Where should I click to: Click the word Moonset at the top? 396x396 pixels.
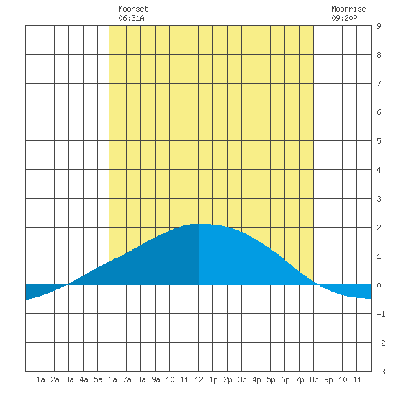click(133, 9)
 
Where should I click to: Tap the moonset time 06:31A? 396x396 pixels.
click(131, 18)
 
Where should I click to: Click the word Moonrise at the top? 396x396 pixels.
click(348, 9)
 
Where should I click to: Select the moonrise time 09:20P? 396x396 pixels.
click(344, 18)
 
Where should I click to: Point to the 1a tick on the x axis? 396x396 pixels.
click(40, 379)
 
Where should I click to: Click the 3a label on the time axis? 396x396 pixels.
click(69, 379)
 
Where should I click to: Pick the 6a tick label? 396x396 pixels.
click(112, 379)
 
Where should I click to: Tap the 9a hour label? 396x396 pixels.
click(156, 379)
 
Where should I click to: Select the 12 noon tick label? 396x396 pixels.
click(199, 379)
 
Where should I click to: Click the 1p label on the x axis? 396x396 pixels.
click(213, 379)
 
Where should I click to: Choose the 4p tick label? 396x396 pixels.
click(256, 379)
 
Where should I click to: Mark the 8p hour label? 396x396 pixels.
click(314, 379)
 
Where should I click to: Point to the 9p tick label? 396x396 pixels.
click(328, 379)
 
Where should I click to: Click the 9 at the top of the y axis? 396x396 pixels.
click(379, 26)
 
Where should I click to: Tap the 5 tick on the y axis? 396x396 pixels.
click(379, 141)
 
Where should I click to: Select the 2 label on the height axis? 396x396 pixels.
click(379, 228)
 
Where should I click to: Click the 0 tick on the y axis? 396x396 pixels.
click(379, 285)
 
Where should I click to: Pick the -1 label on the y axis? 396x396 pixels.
click(381, 314)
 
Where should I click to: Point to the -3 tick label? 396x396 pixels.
click(381, 372)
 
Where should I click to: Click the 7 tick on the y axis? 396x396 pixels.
click(379, 84)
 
